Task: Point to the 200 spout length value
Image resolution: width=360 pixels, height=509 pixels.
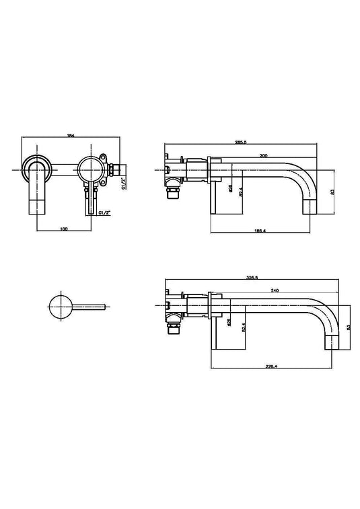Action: point(263,156)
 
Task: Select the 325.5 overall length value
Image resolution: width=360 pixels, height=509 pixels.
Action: point(252,277)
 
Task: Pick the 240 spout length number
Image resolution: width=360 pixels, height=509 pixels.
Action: point(275,290)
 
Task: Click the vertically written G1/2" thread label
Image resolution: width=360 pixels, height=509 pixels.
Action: point(123,182)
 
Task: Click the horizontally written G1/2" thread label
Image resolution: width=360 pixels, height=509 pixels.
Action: point(104,213)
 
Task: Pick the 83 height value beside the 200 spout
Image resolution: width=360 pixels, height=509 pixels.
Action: point(331,192)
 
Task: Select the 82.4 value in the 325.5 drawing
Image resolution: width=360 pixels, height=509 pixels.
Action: point(242,329)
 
